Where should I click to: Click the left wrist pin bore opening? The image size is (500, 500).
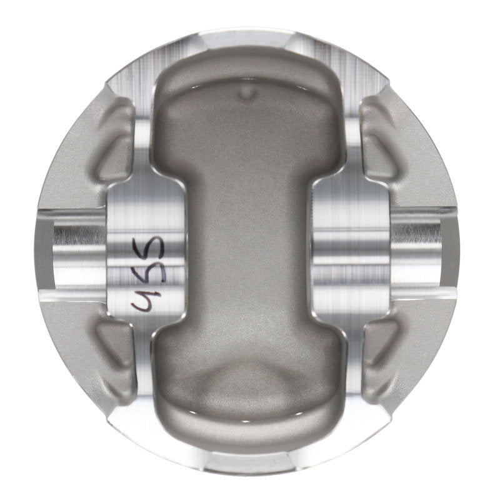69,247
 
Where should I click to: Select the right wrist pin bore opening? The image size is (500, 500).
425,247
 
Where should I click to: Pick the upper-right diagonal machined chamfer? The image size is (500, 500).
375,75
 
